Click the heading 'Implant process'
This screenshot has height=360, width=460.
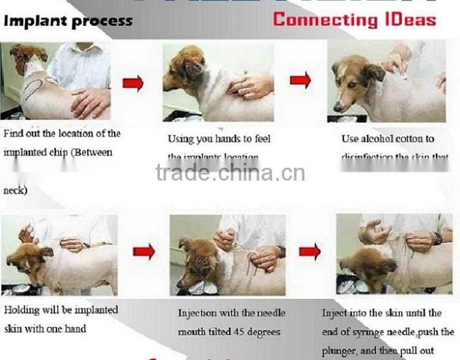68,21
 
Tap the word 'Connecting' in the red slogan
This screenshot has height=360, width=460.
323,19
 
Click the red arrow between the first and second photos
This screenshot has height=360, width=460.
133,82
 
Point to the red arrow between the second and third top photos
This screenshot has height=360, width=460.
300,80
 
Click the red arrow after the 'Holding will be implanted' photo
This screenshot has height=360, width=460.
144,251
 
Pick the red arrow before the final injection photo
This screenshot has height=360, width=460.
310,250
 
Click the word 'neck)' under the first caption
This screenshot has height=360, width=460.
15,190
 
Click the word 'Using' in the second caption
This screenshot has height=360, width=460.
181,139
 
